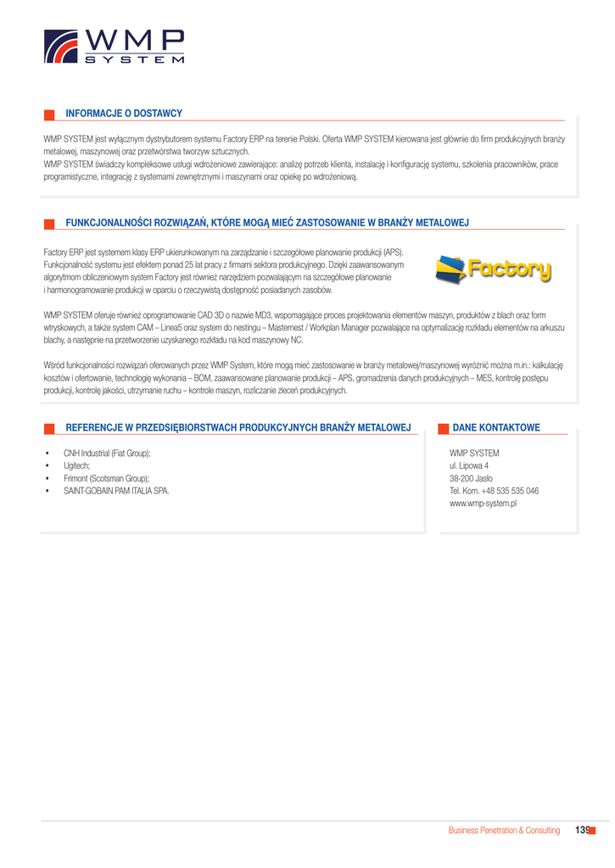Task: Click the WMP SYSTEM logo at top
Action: [x=114, y=47]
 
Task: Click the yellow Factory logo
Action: [x=493, y=270]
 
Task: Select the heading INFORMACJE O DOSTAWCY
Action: [x=124, y=114]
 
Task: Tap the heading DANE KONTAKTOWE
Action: [x=496, y=428]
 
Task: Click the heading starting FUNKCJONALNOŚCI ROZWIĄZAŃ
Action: [x=267, y=223]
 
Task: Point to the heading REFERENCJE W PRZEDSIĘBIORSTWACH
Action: [x=238, y=428]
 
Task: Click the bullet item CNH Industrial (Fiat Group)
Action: [x=107, y=453]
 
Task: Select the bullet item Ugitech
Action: [x=76, y=465]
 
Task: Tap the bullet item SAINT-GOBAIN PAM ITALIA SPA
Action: [x=116, y=491]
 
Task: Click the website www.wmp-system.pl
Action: [x=484, y=504]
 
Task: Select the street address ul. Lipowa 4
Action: [x=469, y=465]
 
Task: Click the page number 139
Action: [x=581, y=830]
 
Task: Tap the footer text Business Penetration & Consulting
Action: [x=504, y=831]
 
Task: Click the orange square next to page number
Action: [x=592, y=830]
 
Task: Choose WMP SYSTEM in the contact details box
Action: [x=474, y=453]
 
